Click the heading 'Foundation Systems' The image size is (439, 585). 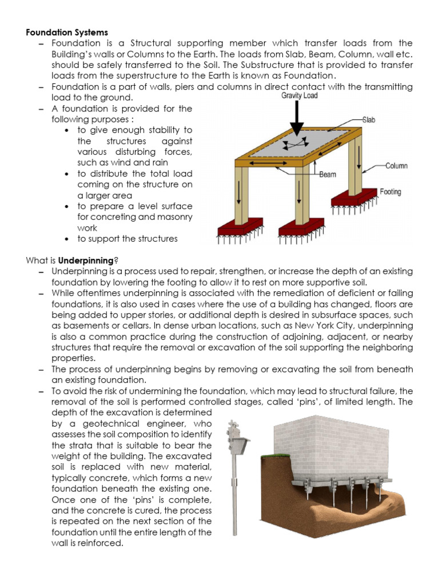pos(66,33)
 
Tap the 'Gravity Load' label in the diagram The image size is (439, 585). pos(299,96)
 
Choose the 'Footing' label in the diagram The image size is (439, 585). pos(390,193)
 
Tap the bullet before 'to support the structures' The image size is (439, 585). pos(67,239)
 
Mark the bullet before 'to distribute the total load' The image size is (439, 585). pos(67,174)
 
